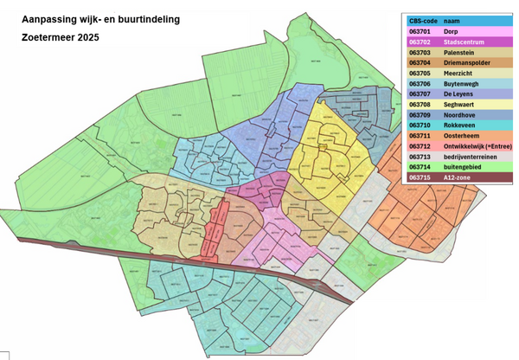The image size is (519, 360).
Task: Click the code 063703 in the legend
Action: pos(421,52)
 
